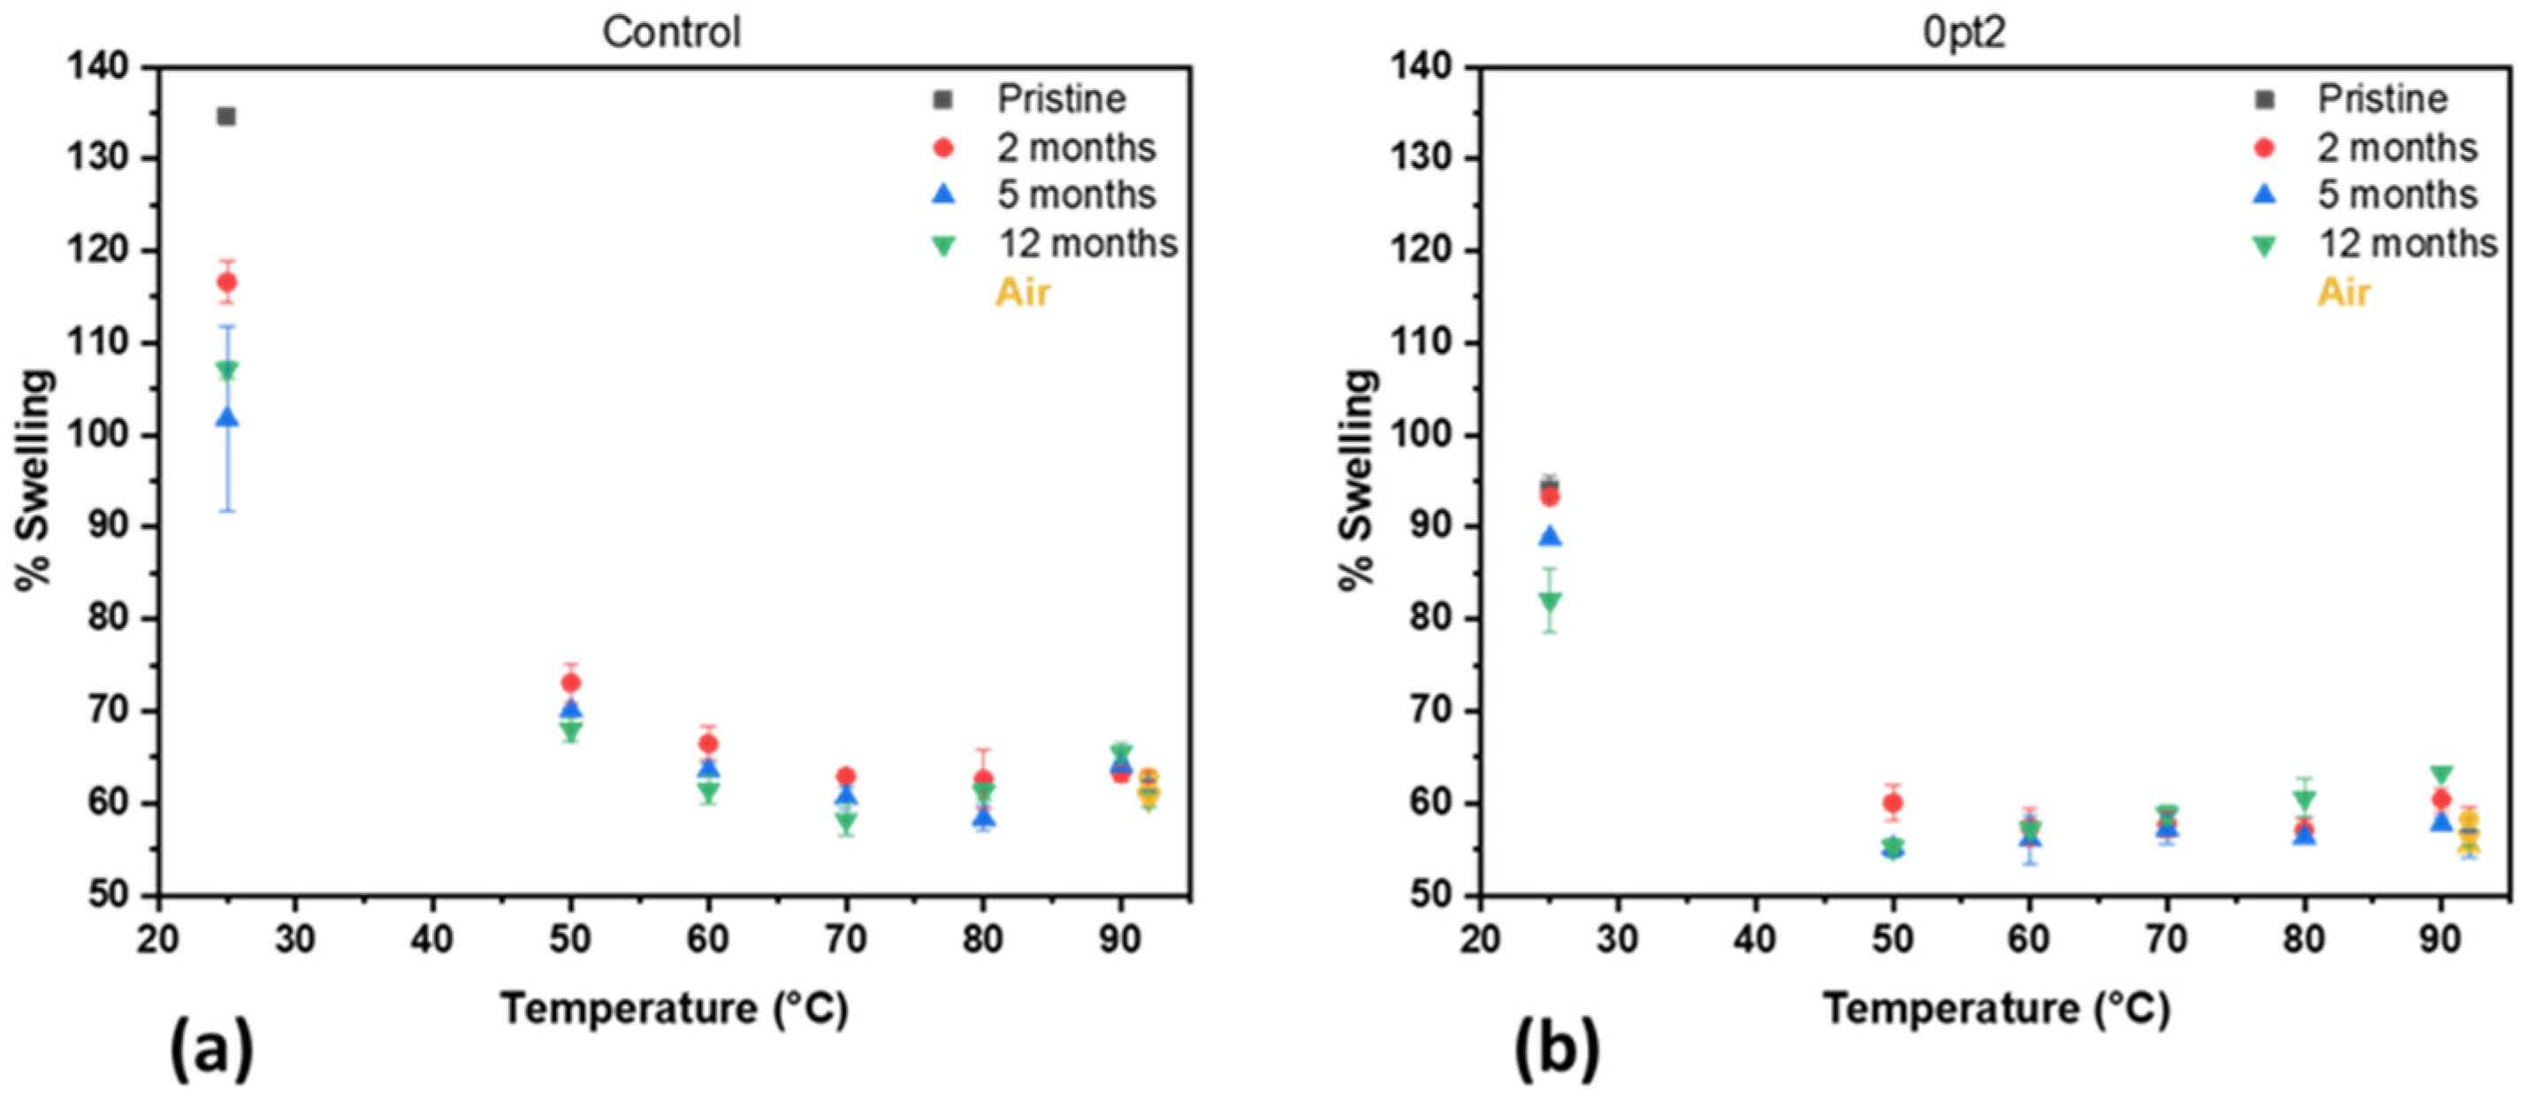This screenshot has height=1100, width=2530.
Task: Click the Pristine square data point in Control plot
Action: click(x=226, y=117)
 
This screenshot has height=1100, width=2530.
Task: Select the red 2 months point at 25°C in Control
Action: click(x=226, y=283)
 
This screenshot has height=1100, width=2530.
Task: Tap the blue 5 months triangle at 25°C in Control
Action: click(x=226, y=418)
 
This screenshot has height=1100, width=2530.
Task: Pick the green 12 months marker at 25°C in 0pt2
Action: click(x=1550, y=601)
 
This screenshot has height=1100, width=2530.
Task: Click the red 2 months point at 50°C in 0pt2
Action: click(x=1894, y=802)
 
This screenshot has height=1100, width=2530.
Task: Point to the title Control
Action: click(x=671, y=33)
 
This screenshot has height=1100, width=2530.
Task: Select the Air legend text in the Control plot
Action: click(x=1023, y=293)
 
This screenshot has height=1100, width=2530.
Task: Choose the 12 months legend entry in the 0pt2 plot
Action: click(x=2406, y=243)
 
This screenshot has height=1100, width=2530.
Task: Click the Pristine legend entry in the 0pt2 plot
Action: click(x=2381, y=99)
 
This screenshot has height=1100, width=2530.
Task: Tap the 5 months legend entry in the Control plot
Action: click(x=1076, y=195)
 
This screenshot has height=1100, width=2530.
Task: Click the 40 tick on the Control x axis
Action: click(x=432, y=940)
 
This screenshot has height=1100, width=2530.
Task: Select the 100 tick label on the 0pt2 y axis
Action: click(x=1421, y=435)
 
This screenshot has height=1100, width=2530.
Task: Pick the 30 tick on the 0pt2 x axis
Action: click(x=1617, y=940)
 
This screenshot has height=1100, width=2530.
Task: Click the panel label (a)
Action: click(x=211, y=1049)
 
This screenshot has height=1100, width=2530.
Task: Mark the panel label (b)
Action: click(x=1556, y=1049)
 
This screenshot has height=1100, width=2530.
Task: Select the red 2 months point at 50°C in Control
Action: click(x=571, y=683)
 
